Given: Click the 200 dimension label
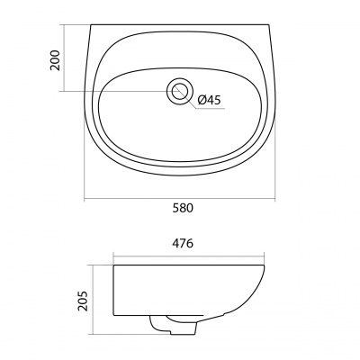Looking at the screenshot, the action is click(x=55, y=60).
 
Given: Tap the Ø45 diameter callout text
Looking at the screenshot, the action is click(x=209, y=100).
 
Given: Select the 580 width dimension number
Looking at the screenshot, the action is click(x=183, y=208).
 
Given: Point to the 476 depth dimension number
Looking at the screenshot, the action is click(x=183, y=244).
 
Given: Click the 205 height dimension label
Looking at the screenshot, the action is click(x=83, y=301).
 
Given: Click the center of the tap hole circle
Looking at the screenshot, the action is click(x=179, y=91).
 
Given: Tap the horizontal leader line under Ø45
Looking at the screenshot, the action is click(x=211, y=108).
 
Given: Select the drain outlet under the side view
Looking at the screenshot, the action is click(x=173, y=325).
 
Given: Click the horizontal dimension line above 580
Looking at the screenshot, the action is click(x=179, y=199).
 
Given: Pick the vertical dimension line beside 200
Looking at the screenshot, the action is click(x=64, y=58).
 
